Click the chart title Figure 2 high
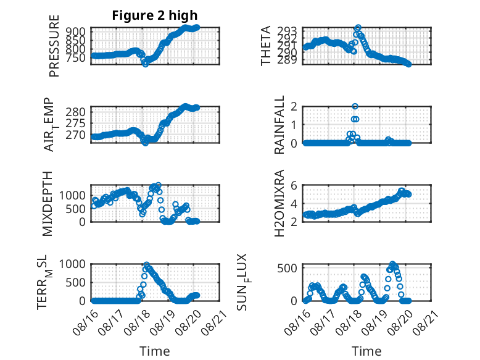coord(155,15)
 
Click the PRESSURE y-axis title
coord(54,46)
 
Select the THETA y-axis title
coord(266,46)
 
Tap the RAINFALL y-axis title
coord(279,125)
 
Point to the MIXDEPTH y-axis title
coord(48,204)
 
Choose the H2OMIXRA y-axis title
coord(279,203)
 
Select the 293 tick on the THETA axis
coord(287,31)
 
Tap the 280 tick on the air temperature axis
coord(76,112)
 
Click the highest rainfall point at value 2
coord(355,106)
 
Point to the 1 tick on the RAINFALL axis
coord(294,125)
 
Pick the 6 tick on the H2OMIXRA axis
coord(294,185)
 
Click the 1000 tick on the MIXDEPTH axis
coord(72,195)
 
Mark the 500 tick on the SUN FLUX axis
coord(287,269)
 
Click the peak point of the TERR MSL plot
coord(146,264)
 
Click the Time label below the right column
coord(366,351)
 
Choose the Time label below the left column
coord(155,351)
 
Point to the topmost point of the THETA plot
coord(358,28)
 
